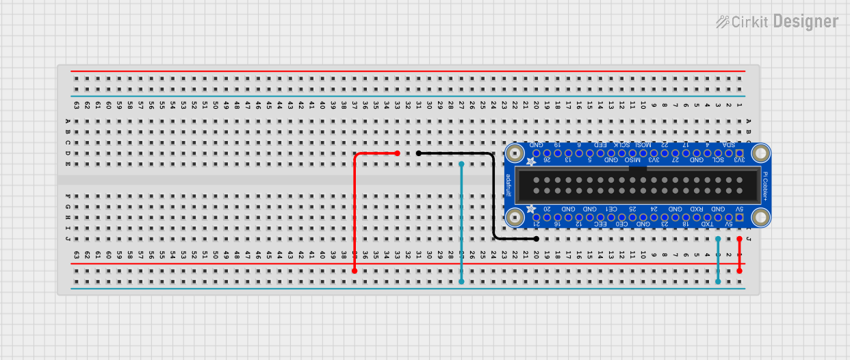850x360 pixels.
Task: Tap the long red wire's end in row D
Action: tap(397, 153)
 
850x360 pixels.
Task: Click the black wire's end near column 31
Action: tap(419, 153)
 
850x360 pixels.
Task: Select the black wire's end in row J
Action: tap(536, 239)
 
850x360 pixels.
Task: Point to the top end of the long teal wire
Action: tap(462, 164)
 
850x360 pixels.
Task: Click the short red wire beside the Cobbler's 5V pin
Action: tap(739, 255)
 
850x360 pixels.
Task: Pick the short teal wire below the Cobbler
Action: tap(718, 260)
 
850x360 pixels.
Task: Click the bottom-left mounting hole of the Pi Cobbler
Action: tap(515, 217)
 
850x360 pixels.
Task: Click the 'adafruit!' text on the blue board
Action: tap(508, 185)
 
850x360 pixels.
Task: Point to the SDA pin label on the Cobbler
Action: tap(729, 144)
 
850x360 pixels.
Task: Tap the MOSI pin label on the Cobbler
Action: tap(643, 144)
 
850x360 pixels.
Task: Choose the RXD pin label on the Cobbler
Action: tap(697, 209)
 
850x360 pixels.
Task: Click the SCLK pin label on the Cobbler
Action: tap(622, 144)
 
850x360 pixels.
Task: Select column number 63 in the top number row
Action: tap(77, 106)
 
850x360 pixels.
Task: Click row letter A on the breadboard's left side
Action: tap(67, 122)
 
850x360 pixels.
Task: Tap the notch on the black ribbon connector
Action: tap(638, 166)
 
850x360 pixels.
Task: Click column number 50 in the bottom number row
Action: tap(216, 254)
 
